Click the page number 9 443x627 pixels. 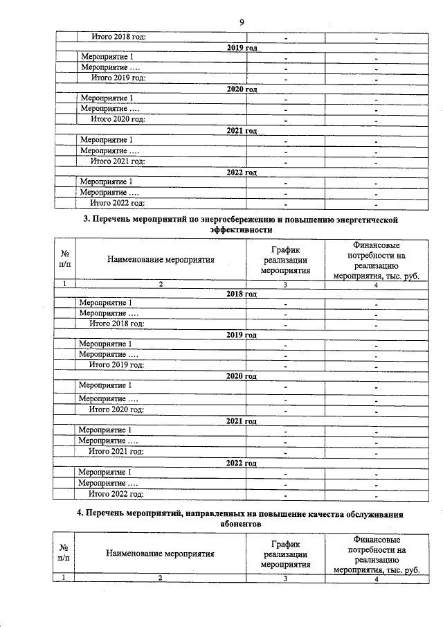(242, 22)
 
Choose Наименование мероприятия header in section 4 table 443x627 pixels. (160, 554)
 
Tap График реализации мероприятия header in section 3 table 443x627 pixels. (284, 260)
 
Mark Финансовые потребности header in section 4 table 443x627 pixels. (377, 549)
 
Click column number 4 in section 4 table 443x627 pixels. (377, 579)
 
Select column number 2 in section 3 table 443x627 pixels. (160, 284)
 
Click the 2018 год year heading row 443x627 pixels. (242, 294)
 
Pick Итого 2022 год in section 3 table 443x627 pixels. (116, 494)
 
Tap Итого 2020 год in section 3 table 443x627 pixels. (116, 409)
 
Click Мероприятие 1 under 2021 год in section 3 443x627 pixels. (106, 430)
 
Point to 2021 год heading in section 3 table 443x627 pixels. (242, 420)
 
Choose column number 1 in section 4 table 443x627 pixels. (64, 579)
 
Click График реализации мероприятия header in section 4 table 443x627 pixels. (284, 554)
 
